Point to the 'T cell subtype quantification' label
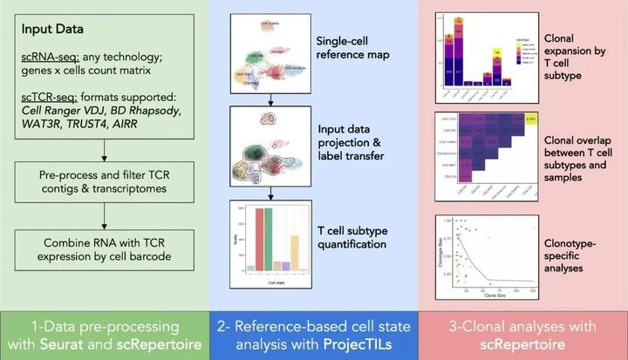pyautogui.click(x=350, y=237)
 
